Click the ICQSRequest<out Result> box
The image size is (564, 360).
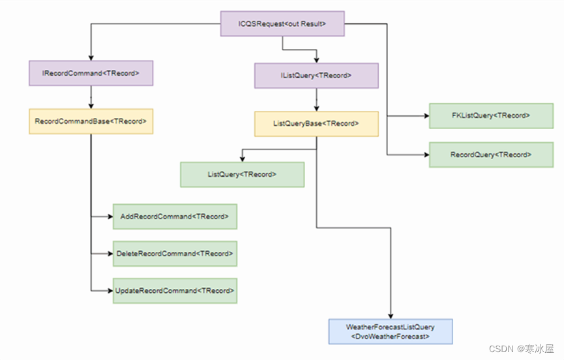pos(282,24)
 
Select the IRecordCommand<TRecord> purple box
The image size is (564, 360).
pos(91,73)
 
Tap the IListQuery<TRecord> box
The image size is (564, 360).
pos(316,76)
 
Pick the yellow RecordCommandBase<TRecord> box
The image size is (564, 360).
pos(91,121)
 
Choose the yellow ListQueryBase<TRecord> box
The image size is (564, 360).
pos(316,123)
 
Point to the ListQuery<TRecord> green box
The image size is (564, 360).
pos(242,175)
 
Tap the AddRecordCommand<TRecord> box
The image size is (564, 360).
pos(175,217)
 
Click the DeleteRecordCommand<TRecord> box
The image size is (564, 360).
pos(175,253)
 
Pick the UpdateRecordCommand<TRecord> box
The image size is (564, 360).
pos(175,290)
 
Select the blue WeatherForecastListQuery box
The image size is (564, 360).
pos(390,331)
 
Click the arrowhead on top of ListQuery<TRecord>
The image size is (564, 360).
pos(242,158)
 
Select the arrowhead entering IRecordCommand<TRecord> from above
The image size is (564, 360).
pos(91,57)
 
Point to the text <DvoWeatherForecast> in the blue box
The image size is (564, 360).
pos(390,337)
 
